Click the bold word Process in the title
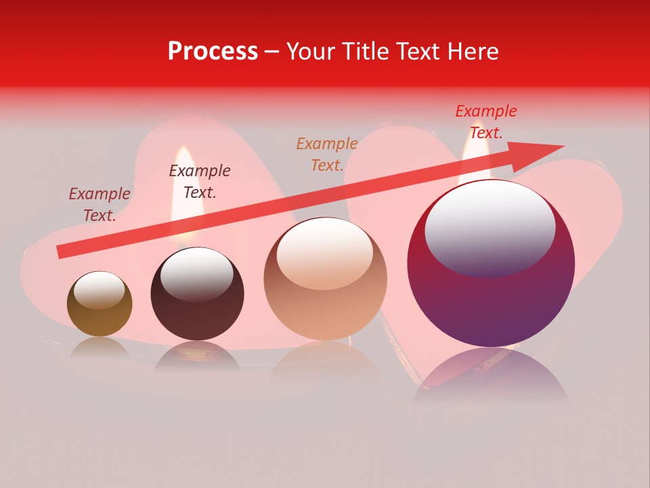coord(213,52)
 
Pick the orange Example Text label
coord(327,155)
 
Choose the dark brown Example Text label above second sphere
coord(200,182)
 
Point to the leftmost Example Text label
coord(100,205)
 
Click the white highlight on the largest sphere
coord(490,227)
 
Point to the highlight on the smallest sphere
coord(100,290)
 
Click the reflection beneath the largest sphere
coord(491,376)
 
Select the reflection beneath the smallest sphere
coord(100,348)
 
